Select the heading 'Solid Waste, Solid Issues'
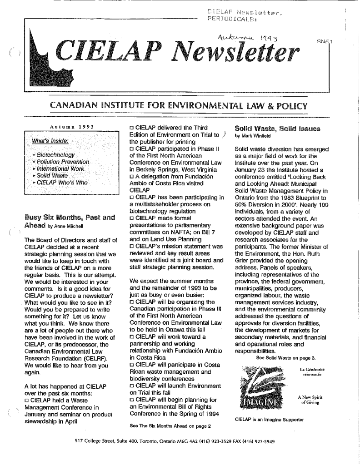point(271,128)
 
